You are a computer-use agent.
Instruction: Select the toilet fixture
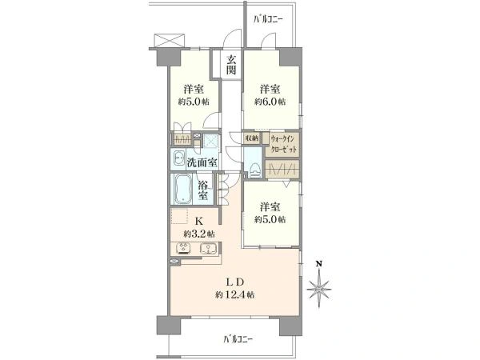tap(254, 170)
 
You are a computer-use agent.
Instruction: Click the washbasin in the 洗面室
tap(178, 159)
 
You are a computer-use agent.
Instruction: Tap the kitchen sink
tap(208, 248)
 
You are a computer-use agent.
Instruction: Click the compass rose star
tap(319, 289)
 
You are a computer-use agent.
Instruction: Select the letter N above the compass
tap(319, 263)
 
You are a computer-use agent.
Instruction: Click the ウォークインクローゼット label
tap(283, 144)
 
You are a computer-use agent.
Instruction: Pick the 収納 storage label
tap(251, 138)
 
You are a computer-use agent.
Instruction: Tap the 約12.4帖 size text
tap(234, 295)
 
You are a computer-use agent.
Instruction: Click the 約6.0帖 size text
tap(270, 102)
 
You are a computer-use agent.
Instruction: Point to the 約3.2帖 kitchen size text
tap(199, 234)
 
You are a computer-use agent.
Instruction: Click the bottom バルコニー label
tap(238, 339)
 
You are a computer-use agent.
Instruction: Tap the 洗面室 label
tap(202, 163)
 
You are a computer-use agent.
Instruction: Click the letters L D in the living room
tap(234, 282)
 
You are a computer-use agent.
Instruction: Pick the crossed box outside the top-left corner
tap(170, 40)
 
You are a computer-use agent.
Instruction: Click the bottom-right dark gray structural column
tap(290, 325)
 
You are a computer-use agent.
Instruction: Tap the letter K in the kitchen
tap(199, 221)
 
